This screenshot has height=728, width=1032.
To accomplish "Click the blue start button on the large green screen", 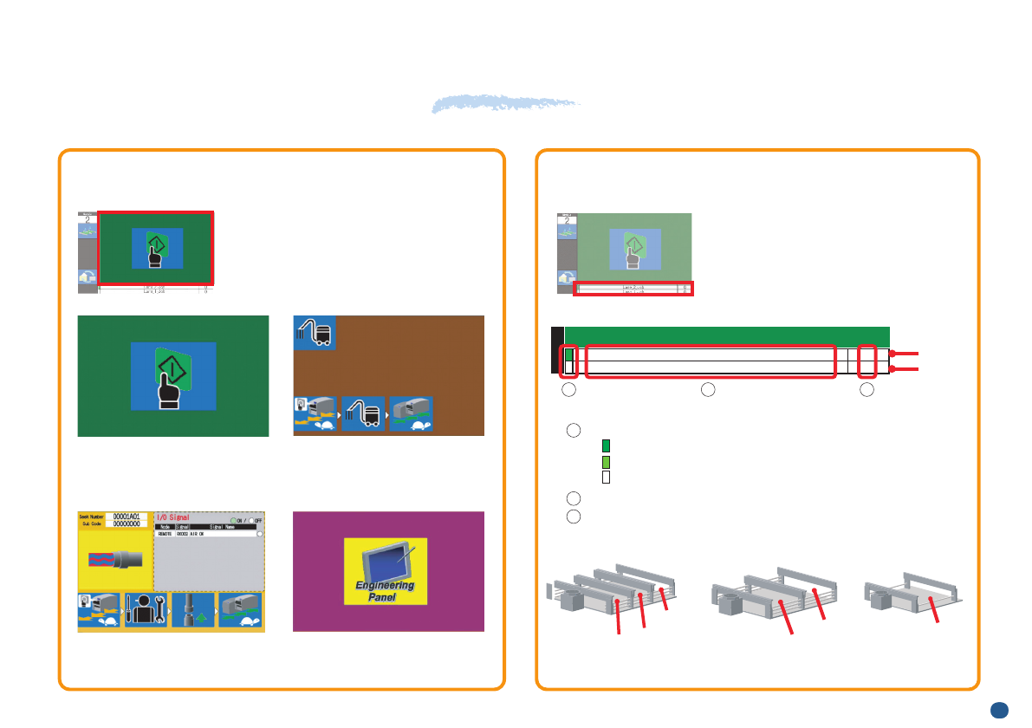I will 173,376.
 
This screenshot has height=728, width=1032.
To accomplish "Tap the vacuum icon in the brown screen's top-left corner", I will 315,332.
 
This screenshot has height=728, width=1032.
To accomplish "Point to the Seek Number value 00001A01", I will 127,516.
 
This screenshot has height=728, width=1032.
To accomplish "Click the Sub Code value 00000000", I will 127,523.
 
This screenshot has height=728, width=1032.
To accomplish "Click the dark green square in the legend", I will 606,446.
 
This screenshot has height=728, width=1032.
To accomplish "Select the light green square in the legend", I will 606,462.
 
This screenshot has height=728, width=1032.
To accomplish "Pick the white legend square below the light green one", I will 606,477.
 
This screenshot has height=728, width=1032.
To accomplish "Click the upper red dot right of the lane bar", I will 892,354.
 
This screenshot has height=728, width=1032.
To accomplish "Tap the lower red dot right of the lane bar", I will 892,368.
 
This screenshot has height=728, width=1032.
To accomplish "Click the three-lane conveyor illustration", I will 613,594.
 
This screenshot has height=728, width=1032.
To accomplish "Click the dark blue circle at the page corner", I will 999,710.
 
